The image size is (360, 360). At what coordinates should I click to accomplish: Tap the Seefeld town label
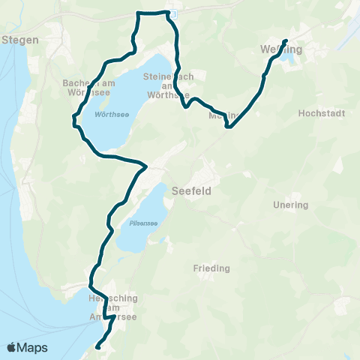coord(192,191)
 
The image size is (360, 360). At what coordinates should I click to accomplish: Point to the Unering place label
coord(292,205)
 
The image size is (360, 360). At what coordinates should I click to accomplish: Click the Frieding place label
coord(211,268)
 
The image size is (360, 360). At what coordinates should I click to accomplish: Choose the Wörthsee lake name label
coord(109,115)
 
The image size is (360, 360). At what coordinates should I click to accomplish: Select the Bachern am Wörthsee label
coord(85,87)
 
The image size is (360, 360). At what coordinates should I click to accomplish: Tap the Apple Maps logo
coord(27,347)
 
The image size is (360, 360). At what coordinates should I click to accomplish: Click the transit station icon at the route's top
coord(172,13)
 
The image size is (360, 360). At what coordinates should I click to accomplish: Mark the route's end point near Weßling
coord(286,40)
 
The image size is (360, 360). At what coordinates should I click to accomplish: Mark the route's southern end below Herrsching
coord(98,346)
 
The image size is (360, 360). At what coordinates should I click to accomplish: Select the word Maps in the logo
coord(33,347)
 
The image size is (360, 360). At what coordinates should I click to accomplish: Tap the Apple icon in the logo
coord(11,347)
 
